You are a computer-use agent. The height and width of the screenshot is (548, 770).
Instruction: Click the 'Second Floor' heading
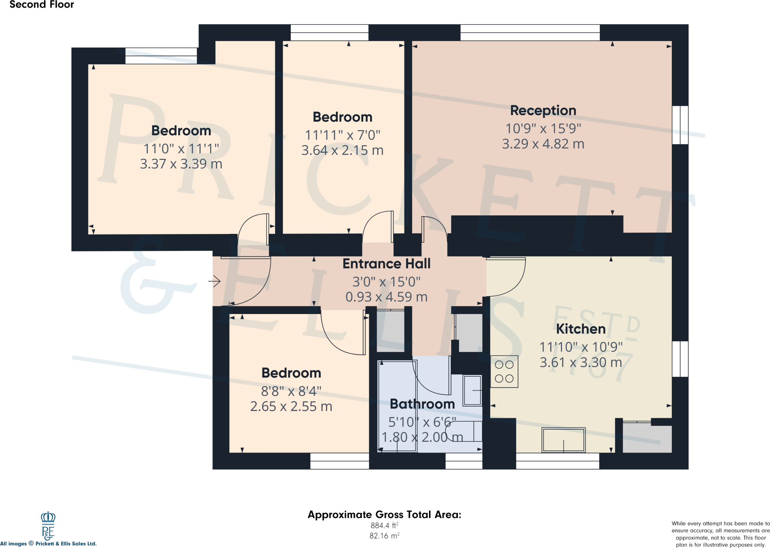(42, 5)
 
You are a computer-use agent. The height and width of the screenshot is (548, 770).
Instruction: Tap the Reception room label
(543, 110)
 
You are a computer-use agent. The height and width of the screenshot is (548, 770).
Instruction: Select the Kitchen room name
(581, 329)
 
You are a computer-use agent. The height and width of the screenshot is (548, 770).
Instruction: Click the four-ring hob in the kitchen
(504, 371)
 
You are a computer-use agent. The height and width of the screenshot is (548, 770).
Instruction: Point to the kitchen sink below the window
(563, 440)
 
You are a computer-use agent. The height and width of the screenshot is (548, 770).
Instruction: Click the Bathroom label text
(422, 404)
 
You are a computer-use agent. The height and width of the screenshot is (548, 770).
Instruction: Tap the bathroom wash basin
(472, 391)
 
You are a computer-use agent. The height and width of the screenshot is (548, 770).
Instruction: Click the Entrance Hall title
(387, 264)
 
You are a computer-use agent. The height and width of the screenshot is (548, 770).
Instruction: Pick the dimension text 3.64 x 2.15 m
(342, 151)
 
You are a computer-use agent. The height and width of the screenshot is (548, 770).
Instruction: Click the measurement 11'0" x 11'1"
(181, 149)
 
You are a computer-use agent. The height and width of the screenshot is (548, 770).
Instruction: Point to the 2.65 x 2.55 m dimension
(291, 406)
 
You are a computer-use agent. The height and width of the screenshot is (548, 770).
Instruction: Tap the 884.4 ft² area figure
(384, 525)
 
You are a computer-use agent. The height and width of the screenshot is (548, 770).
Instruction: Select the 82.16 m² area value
(384, 536)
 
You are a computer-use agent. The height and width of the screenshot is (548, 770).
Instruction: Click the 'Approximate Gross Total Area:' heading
(384, 515)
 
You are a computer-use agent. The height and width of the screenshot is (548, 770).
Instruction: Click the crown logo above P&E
(48, 518)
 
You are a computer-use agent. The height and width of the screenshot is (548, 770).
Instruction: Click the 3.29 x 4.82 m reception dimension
(543, 144)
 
